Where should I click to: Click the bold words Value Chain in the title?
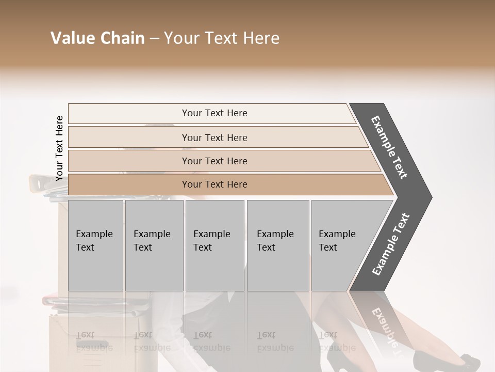click(97, 38)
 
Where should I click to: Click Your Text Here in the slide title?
click(222, 38)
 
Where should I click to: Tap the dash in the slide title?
click(154, 39)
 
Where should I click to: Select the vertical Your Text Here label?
click(59, 148)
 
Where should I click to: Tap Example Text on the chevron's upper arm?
click(389, 147)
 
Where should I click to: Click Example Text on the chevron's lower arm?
click(390, 244)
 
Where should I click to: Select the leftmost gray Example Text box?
click(95, 245)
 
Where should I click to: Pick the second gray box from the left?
click(154, 245)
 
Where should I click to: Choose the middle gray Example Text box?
click(214, 245)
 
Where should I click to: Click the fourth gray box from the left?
click(278, 245)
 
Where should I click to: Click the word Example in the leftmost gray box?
click(94, 234)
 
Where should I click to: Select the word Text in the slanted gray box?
click(328, 247)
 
